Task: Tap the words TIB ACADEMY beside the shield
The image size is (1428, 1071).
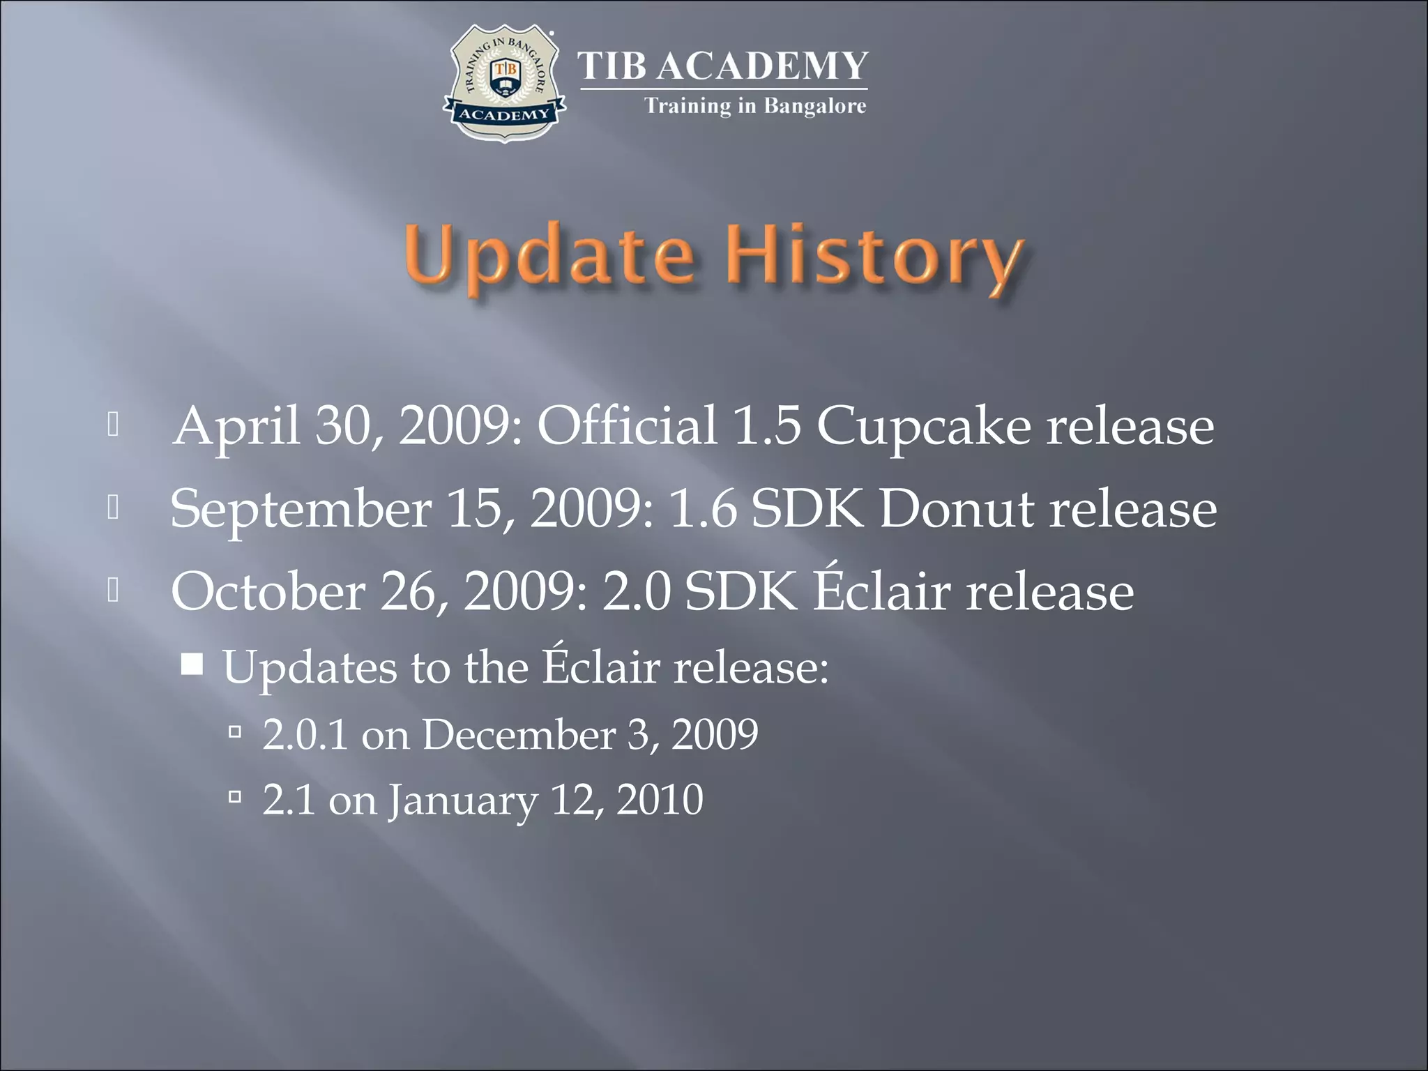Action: [x=723, y=67]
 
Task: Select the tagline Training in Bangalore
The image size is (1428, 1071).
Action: [x=755, y=106]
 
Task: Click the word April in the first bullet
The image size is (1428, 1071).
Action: [x=236, y=426]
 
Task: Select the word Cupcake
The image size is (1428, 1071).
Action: [x=923, y=426]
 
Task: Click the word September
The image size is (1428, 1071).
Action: [x=301, y=510]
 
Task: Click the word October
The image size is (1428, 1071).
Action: [x=268, y=591]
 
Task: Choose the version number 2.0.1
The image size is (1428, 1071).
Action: [x=305, y=734]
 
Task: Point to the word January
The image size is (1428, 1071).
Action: [x=463, y=800]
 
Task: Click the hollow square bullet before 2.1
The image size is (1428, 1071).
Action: [x=235, y=796]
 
